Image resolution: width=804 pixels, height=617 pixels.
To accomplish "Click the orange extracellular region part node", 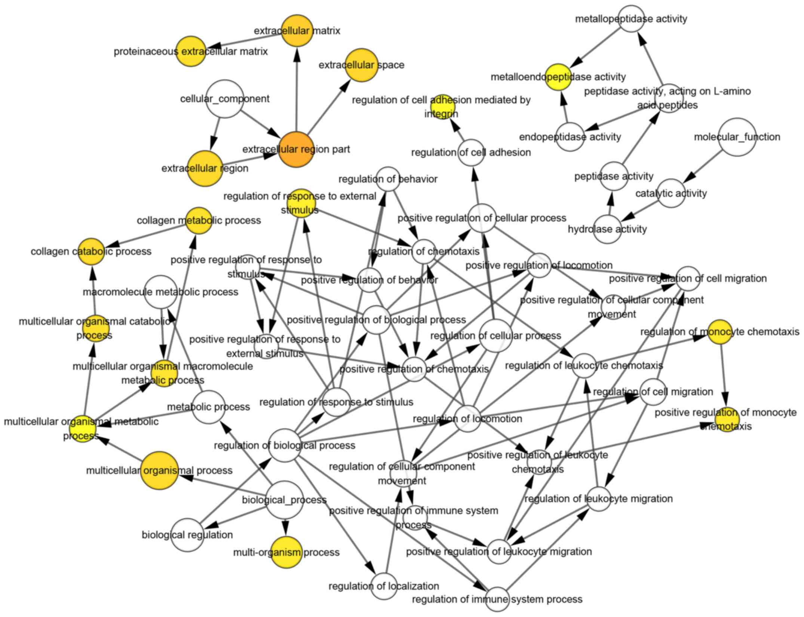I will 296,149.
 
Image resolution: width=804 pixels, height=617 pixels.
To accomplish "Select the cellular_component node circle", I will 225,99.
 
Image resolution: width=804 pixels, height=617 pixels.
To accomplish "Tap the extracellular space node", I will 361,65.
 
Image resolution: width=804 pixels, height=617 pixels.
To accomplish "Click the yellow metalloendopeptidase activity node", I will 558,77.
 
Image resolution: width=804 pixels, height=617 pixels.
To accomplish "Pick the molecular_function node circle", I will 737,137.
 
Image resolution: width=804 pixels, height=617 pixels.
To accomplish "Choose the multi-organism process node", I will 286,552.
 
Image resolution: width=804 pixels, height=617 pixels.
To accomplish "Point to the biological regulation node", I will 188,535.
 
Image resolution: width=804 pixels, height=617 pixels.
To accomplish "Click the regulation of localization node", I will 384,586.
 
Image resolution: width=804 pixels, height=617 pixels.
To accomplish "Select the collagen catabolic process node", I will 91,251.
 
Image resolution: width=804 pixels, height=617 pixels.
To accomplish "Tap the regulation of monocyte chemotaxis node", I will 720,332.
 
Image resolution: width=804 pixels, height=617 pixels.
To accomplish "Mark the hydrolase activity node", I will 607,229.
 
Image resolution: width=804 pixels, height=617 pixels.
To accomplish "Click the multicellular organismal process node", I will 159,470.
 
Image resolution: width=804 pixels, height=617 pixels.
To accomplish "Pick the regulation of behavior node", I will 388,179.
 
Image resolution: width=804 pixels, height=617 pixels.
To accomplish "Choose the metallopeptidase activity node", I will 631,19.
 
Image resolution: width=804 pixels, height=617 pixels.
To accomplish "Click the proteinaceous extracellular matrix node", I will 191,51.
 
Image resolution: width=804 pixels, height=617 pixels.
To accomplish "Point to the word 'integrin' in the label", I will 441,113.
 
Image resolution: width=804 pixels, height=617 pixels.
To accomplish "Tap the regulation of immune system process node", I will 497,599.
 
